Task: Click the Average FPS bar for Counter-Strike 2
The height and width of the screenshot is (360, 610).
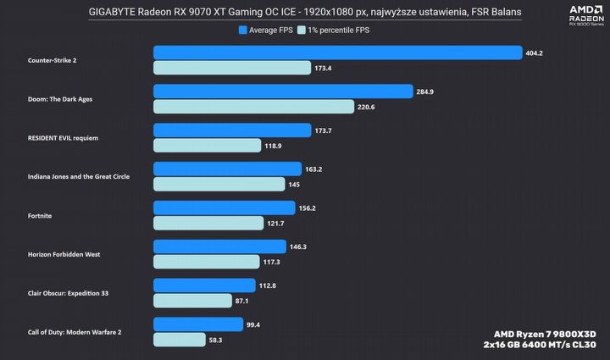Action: coord(337,53)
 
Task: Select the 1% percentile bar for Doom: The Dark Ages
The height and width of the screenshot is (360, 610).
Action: coord(253,107)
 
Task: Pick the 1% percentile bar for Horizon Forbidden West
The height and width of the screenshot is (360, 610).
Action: coord(219,262)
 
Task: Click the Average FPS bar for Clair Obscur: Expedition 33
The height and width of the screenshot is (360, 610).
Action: coord(204,285)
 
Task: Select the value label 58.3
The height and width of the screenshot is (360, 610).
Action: coord(216,339)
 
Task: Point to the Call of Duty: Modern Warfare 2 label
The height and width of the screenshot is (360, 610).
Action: coord(75,332)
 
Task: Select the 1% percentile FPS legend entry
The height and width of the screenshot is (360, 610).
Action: coord(339,30)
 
